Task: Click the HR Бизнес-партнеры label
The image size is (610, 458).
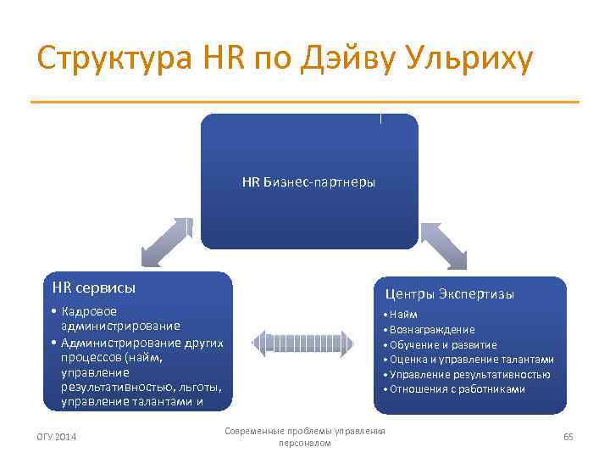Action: click(x=308, y=182)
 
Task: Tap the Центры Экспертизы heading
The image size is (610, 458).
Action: click(x=449, y=294)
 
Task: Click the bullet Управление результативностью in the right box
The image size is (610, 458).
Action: click(x=469, y=374)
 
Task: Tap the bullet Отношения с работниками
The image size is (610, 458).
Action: click(x=457, y=389)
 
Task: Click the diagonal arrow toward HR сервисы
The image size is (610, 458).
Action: click(x=167, y=242)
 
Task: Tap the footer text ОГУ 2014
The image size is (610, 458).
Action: click(x=57, y=437)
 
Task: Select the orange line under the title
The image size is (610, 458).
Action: click(x=305, y=103)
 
